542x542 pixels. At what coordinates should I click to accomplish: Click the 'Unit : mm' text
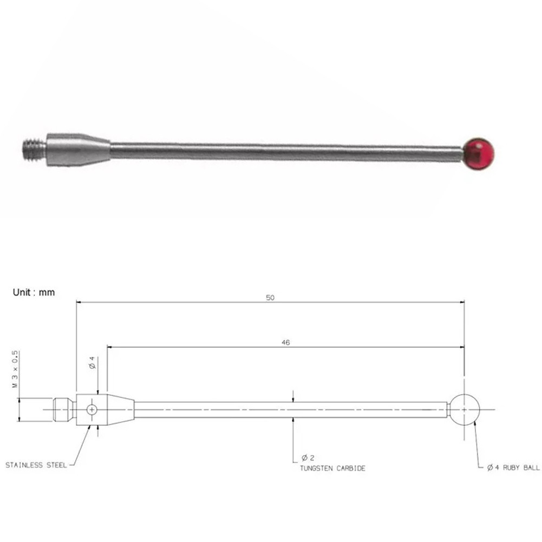(34, 292)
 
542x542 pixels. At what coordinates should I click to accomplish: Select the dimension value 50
(270, 298)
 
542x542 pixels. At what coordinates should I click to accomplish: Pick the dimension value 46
(285, 343)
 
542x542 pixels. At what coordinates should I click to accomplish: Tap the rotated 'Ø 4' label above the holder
(93, 363)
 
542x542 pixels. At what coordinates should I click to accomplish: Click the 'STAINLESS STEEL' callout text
(36, 465)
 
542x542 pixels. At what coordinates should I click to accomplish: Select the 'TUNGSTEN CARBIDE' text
(332, 468)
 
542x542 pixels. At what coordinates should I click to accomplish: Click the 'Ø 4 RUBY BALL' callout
(513, 467)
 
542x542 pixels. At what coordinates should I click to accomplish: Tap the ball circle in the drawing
(465, 410)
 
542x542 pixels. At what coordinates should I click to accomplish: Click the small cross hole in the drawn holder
(93, 410)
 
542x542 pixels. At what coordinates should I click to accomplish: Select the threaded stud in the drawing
(64, 410)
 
